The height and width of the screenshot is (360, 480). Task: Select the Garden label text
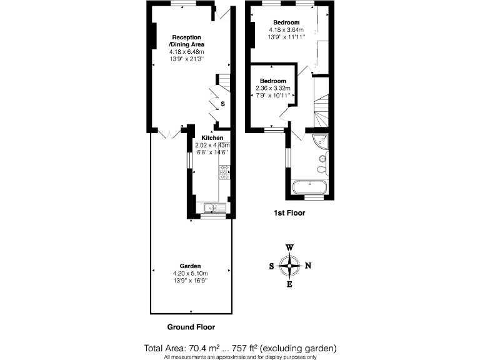click(191, 266)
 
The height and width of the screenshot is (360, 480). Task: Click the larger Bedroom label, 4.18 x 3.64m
click(286, 22)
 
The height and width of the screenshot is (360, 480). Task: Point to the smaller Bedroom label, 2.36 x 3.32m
click(273, 81)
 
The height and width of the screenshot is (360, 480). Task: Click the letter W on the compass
click(289, 247)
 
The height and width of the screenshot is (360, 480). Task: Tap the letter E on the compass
click(289, 286)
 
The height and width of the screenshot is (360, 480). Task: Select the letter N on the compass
click(308, 266)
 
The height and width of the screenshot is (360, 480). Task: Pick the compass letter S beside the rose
click(271, 266)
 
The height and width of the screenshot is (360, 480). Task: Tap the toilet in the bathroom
click(321, 169)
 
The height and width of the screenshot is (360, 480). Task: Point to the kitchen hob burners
click(224, 169)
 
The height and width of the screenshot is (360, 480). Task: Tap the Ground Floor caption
click(191, 327)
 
